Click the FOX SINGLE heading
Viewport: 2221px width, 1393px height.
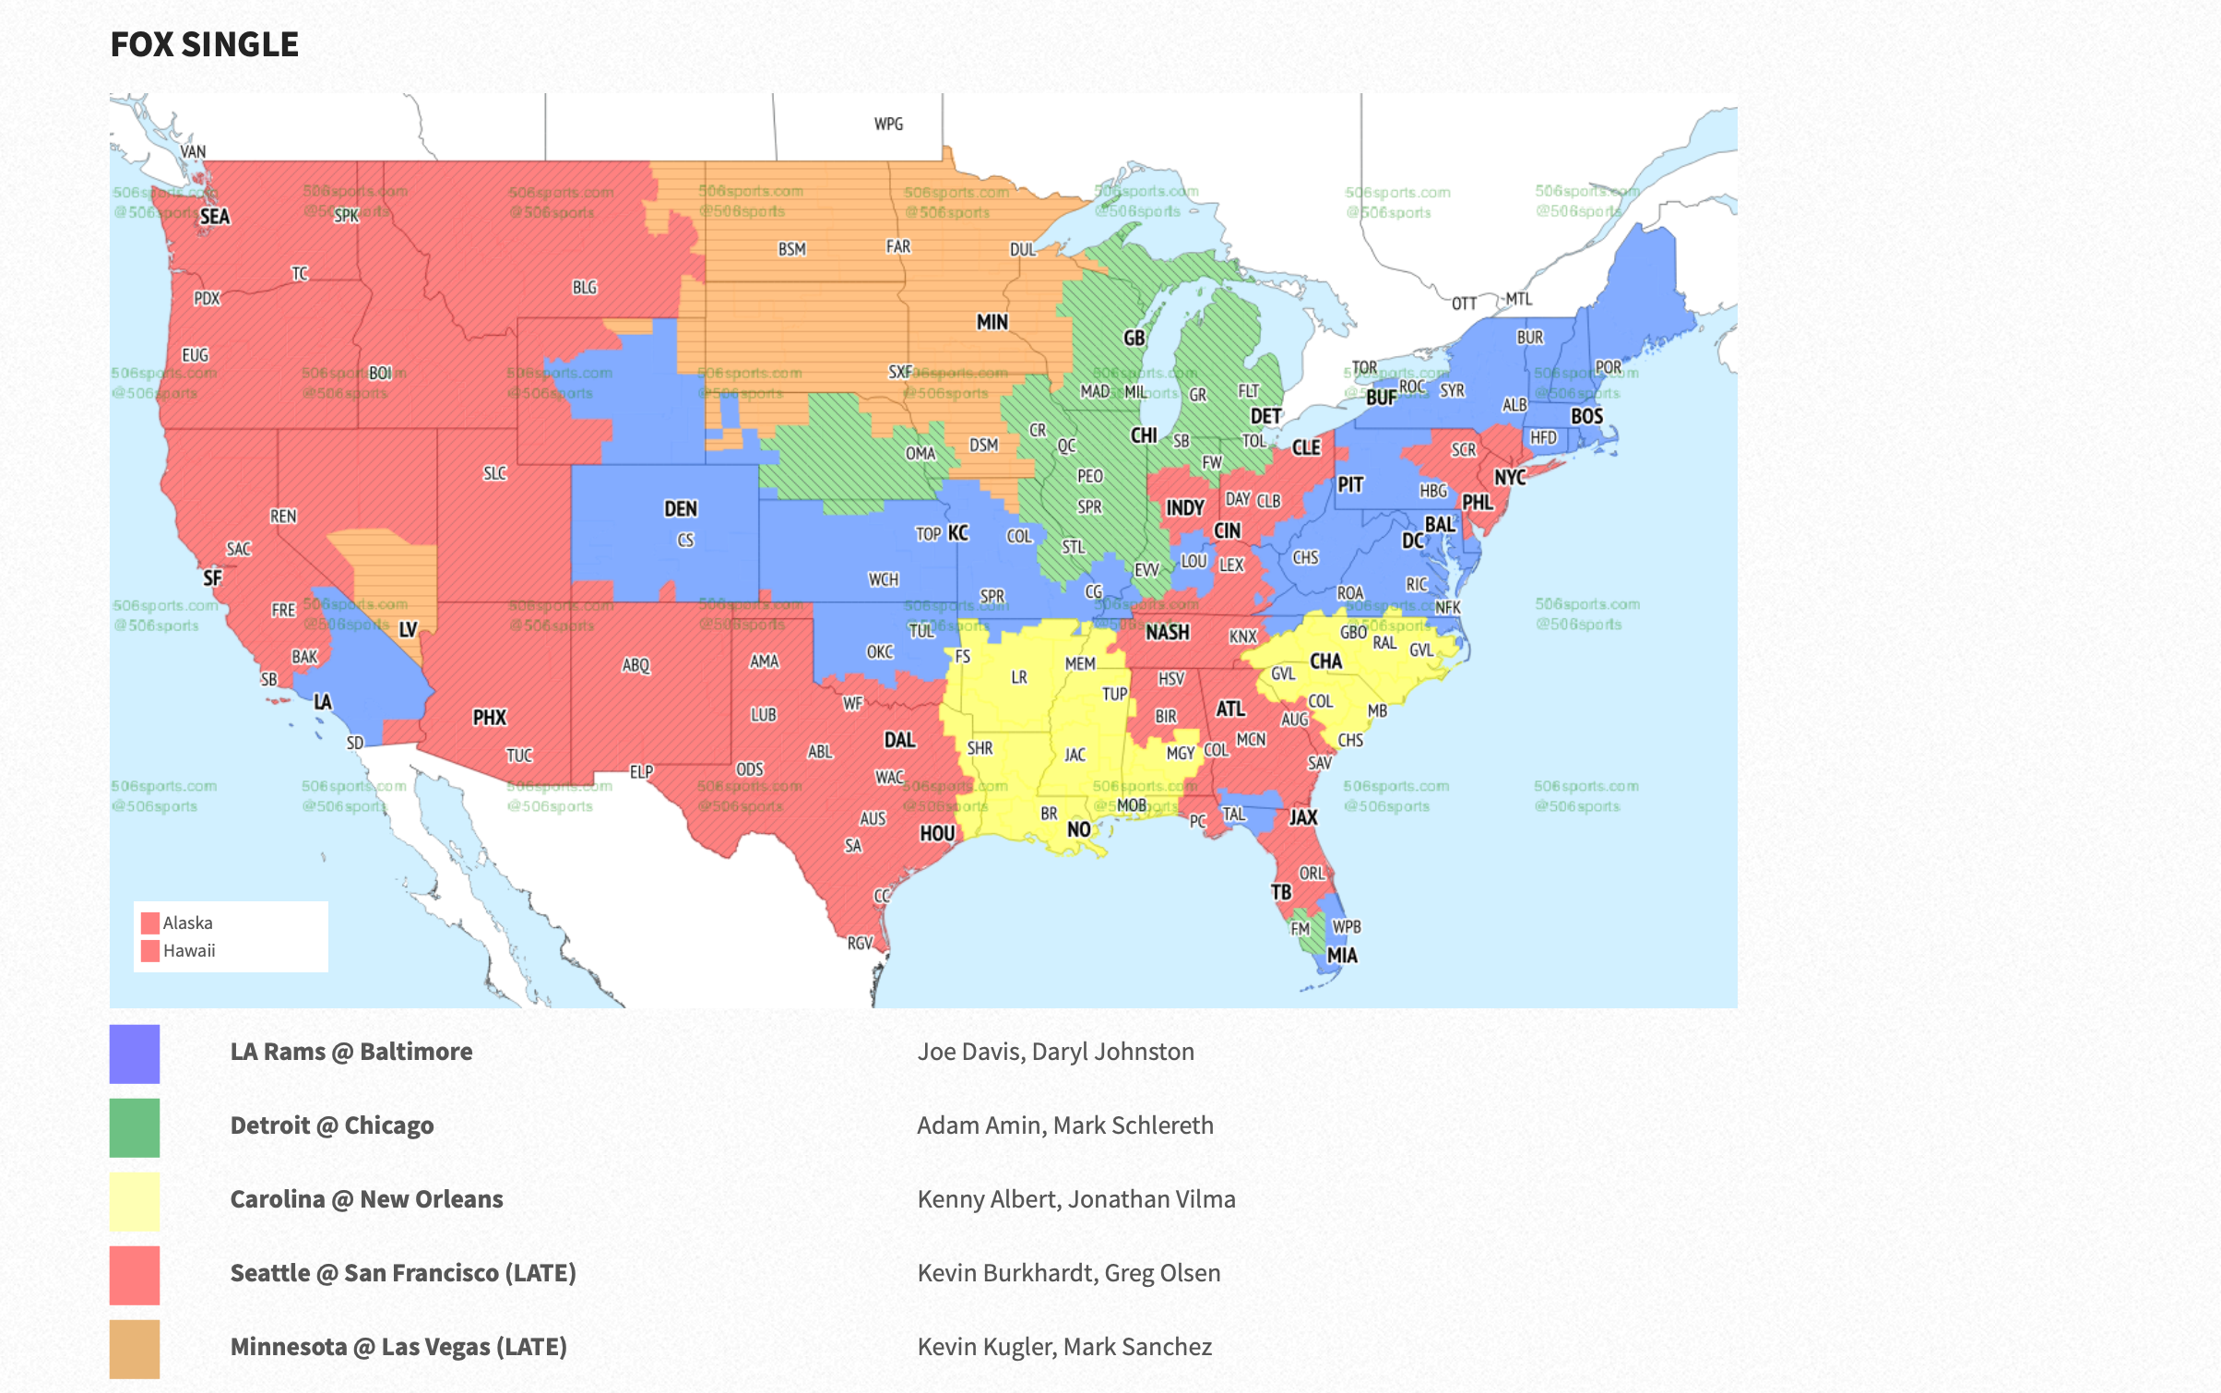tap(204, 44)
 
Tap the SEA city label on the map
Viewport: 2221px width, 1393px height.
tap(214, 217)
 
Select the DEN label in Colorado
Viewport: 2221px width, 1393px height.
tap(681, 509)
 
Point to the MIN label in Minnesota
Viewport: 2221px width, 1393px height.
tap(992, 322)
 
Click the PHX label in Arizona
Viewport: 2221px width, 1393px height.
tap(489, 718)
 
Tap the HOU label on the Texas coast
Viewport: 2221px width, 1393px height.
tap(937, 834)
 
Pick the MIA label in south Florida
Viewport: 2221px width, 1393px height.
tap(1342, 956)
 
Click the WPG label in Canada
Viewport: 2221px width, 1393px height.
tap(888, 124)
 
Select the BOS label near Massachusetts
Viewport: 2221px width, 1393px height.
tap(1586, 416)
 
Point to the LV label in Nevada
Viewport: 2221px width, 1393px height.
tap(408, 630)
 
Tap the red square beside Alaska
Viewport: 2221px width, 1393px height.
tap(150, 923)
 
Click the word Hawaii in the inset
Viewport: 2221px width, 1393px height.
tap(189, 951)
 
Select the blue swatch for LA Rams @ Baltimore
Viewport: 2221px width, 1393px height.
tap(135, 1054)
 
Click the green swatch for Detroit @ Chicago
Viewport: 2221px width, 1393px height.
tap(135, 1127)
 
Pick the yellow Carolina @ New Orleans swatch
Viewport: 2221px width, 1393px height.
tap(135, 1201)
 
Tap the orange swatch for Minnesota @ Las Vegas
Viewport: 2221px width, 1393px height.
tap(135, 1349)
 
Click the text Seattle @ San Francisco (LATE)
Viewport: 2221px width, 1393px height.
tap(403, 1273)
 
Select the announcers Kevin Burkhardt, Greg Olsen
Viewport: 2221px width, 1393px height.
tap(1068, 1273)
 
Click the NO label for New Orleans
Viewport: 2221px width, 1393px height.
tap(1078, 829)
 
